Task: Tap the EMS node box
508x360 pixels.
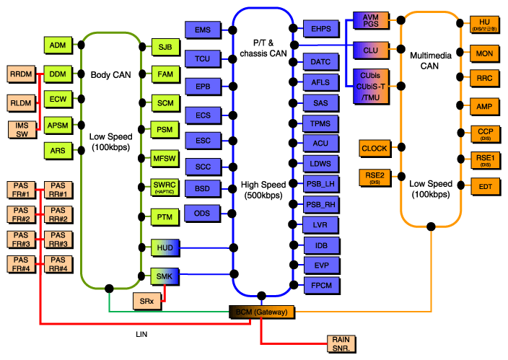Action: click(x=203, y=30)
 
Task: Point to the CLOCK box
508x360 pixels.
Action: click(x=375, y=149)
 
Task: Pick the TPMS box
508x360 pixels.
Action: click(x=320, y=123)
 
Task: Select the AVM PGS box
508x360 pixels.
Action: click(x=371, y=21)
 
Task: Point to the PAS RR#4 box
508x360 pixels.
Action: click(x=58, y=265)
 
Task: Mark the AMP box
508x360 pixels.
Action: click(x=484, y=106)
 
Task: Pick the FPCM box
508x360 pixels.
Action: click(x=320, y=285)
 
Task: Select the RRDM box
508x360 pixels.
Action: click(x=21, y=74)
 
